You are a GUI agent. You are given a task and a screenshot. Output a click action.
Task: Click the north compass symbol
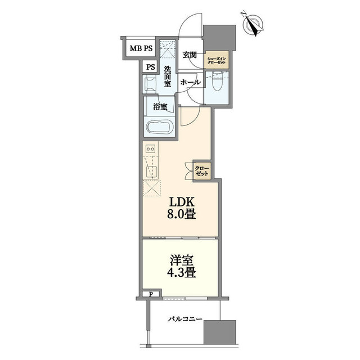click(253, 24)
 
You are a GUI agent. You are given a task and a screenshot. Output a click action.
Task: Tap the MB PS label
click(141, 48)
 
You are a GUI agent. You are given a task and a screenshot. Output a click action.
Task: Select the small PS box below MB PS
click(151, 67)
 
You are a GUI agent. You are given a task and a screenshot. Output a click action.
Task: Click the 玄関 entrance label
click(190, 55)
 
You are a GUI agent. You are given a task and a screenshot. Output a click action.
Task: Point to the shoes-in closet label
click(217, 60)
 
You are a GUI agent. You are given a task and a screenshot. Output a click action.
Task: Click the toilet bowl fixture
click(217, 82)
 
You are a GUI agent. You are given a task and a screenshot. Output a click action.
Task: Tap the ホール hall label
click(191, 82)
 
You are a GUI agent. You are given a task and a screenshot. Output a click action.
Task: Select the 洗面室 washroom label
click(168, 76)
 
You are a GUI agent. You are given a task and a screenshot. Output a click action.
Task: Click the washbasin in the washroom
click(150, 84)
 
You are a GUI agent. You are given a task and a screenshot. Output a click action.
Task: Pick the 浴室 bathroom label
click(160, 106)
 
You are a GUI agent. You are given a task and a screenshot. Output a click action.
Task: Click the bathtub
click(160, 128)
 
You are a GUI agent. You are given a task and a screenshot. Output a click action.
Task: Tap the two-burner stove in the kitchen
click(150, 148)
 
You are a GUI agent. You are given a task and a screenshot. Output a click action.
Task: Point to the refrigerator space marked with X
click(151, 188)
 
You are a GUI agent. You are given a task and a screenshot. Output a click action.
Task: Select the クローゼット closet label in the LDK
click(202, 171)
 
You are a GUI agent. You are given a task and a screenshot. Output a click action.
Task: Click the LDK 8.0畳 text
click(182, 209)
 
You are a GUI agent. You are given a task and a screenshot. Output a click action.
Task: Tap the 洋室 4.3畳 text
click(182, 267)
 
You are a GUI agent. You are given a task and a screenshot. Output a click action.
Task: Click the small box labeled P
click(151, 294)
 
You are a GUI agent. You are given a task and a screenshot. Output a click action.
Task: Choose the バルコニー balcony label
click(185, 319)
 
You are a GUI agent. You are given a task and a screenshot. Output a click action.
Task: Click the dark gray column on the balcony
click(220, 332)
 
